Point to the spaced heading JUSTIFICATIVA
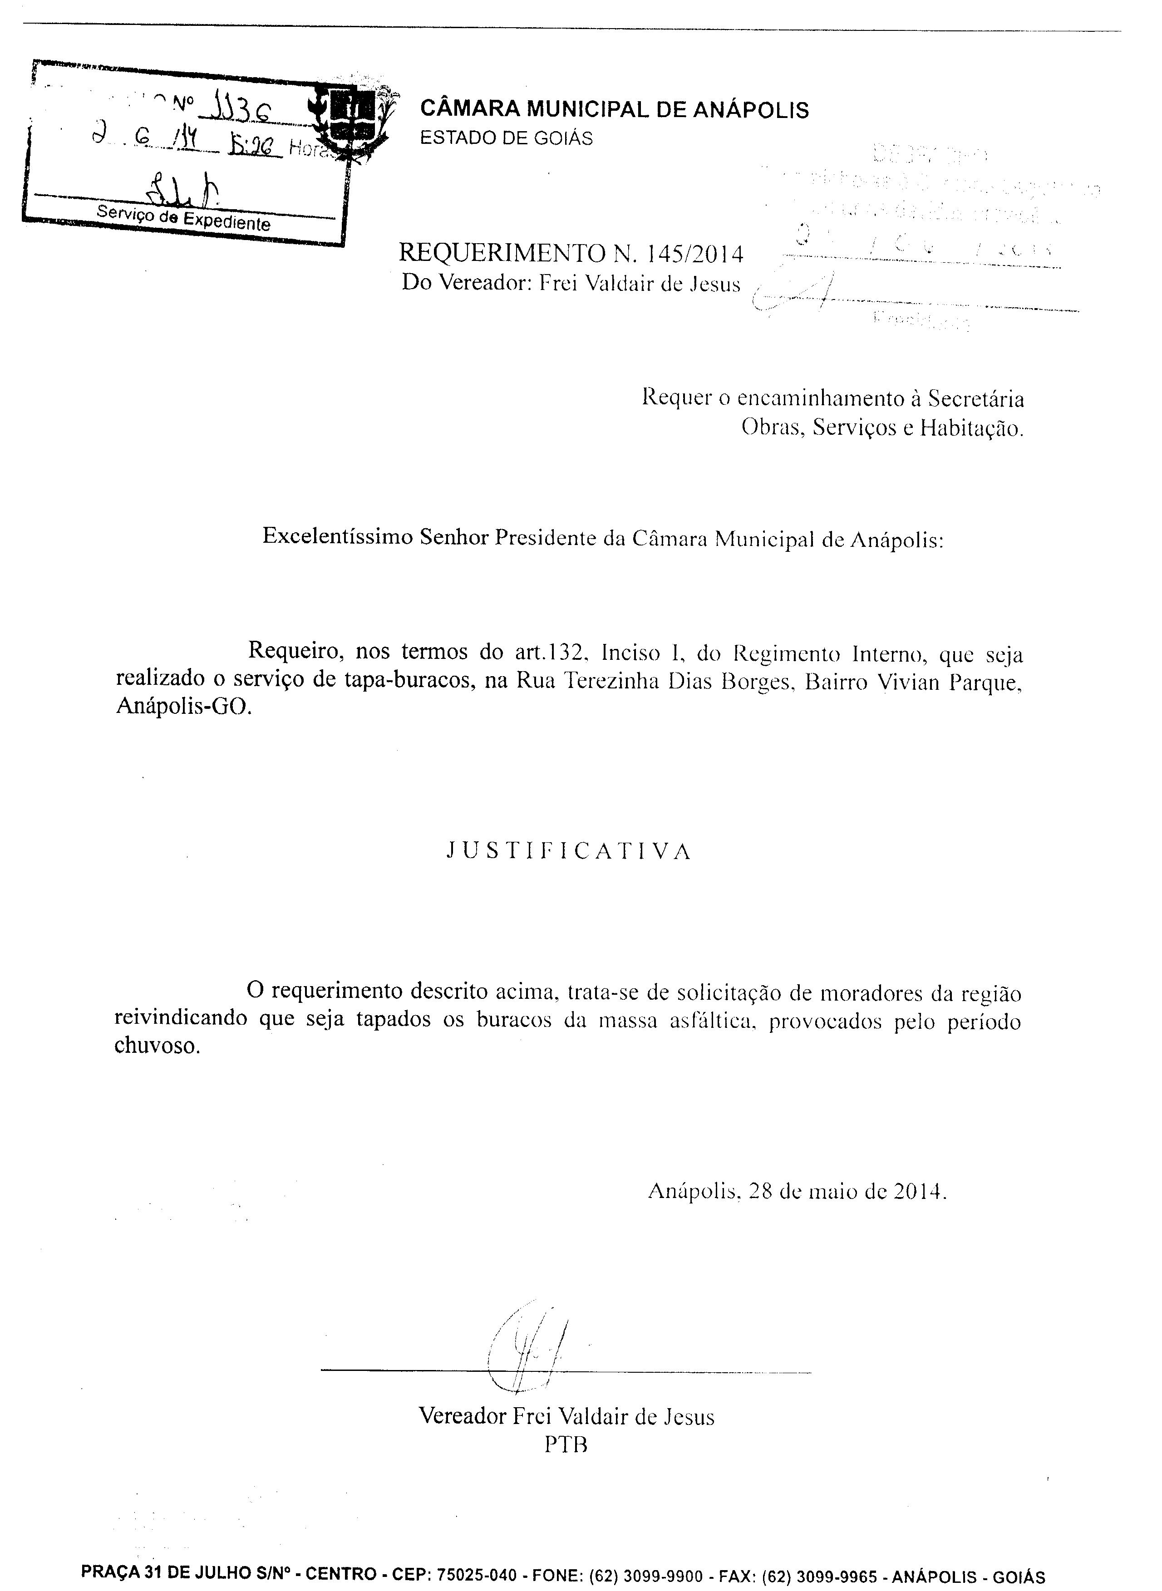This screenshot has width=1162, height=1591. [x=570, y=852]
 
